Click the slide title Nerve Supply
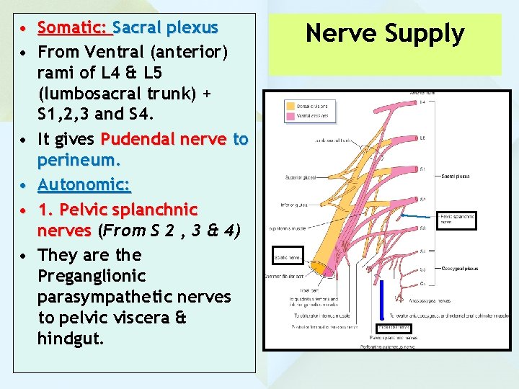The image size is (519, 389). [385, 33]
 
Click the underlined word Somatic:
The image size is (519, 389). [74, 28]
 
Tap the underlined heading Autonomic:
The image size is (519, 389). [84, 185]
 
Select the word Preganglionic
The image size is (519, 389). [92, 276]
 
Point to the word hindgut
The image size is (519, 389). [71, 339]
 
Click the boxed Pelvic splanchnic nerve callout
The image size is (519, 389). [457, 219]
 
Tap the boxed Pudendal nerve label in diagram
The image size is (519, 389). [394, 328]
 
